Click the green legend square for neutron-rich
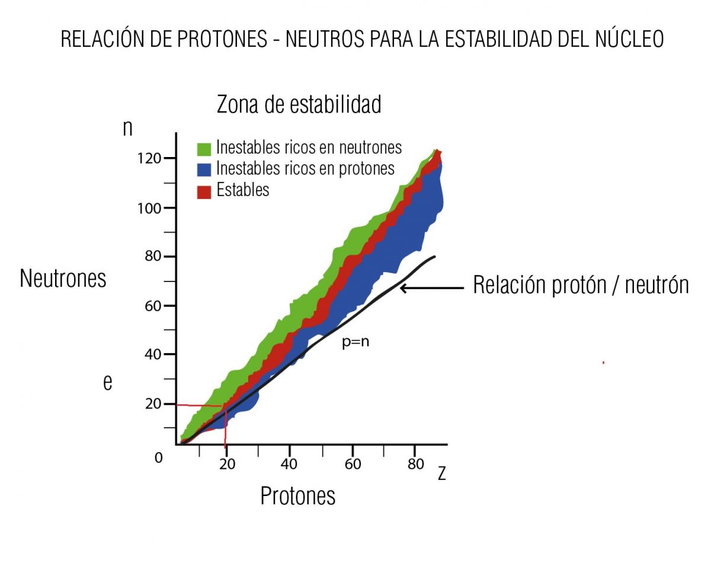click(x=204, y=148)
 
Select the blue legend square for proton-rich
click(x=204, y=170)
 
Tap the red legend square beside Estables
click(x=204, y=191)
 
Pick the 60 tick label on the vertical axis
click(x=153, y=306)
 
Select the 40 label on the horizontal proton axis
click(x=289, y=464)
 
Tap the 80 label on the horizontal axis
click(x=416, y=464)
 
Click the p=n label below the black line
click(x=355, y=342)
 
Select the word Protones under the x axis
click(x=297, y=496)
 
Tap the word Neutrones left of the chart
click(x=63, y=278)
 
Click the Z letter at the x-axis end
click(x=441, y=474)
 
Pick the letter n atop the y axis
click(x=127, y=127)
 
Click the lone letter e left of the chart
click(x=107, y=383)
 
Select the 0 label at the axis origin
click(x=158, y=458)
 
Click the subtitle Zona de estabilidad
click(x=299, y=104)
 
